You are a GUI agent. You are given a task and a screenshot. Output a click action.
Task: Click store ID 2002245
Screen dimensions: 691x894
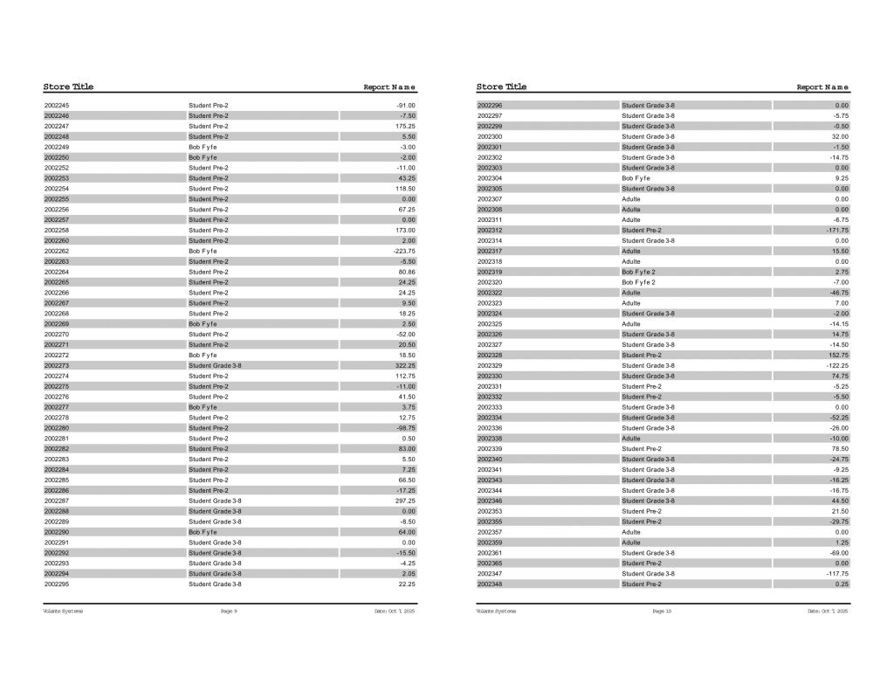point(57,106)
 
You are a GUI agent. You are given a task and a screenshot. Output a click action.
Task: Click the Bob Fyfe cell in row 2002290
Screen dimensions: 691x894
point(203,532)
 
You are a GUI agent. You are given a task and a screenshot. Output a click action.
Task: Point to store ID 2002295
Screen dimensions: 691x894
point(57,584)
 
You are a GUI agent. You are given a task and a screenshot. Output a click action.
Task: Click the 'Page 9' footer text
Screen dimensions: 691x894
point(229,612)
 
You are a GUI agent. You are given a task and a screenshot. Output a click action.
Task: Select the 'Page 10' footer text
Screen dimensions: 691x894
point(662,612)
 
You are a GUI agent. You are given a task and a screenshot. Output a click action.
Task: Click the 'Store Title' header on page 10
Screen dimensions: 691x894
point(501,86)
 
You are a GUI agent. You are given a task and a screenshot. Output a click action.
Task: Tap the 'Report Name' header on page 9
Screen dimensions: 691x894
point(389,87)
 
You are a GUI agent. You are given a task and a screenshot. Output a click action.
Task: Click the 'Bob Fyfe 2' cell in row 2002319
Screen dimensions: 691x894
point(638,272)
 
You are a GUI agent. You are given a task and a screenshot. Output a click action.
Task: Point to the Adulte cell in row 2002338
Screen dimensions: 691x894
point(630,439)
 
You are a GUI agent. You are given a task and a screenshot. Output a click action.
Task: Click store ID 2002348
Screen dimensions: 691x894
point(490,584)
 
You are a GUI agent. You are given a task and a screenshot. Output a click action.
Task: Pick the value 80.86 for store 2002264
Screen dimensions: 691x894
point(406,272)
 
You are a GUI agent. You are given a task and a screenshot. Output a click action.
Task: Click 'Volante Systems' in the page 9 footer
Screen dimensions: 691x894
point(63,612)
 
